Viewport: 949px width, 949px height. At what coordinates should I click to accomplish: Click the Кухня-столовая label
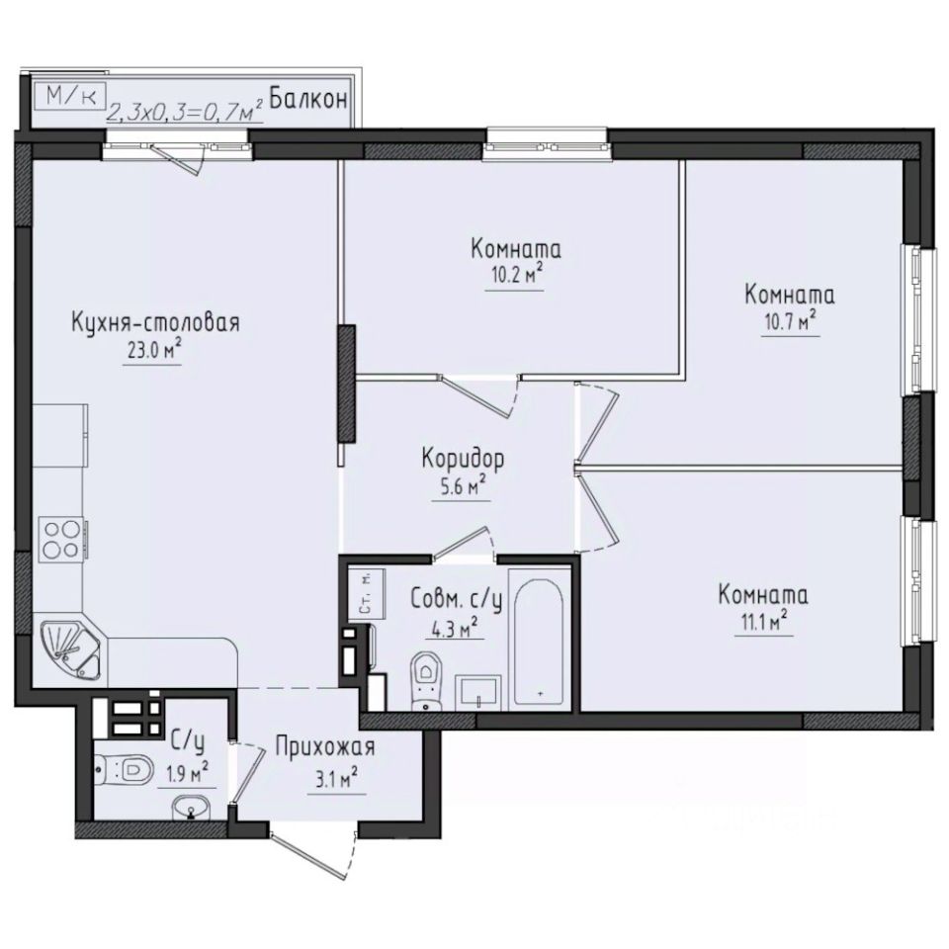pos(156,323)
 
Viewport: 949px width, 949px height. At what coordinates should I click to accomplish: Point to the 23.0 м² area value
pos(150,351)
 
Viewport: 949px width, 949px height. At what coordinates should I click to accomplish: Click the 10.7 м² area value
pos(789,322)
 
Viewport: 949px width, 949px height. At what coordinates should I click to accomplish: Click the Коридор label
pos(463,459)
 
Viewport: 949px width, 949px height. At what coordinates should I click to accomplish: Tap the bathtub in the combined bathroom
pos(540,637)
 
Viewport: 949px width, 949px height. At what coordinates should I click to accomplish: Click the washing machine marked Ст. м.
pos(363,593)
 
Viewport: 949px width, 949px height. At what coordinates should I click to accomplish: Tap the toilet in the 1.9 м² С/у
pos(124,767)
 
